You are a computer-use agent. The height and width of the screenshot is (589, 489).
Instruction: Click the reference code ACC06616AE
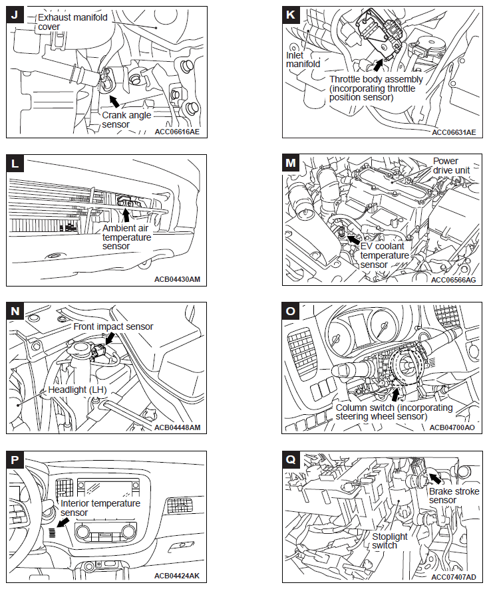pyautogui.click(x=176, y=132)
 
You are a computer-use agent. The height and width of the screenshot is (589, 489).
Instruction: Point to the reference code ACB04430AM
pyautogui.click(x=176, y=279)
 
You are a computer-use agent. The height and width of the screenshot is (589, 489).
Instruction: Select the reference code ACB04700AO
pyautogui.click(x=452, y=427)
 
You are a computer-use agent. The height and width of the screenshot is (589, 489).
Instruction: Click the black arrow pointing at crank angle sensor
pyautogui.click(x=114, y=100)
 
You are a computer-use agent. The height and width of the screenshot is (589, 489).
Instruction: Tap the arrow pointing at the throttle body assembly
pyautogui.click(x=379, y=64)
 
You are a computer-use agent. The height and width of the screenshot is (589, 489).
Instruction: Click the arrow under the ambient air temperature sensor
pyautogui.click(x=126, y=214)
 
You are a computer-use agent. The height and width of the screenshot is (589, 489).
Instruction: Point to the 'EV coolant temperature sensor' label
pyautogui.click(x=385, y=255)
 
